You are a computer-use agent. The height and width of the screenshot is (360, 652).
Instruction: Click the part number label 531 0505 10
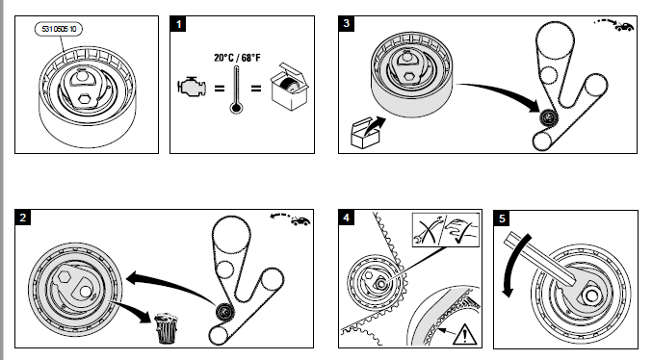click(x=58, y=29)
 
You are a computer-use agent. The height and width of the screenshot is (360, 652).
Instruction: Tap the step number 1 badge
click(x=178, y=24)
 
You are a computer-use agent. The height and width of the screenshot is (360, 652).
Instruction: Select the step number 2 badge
click(x=22, y=218)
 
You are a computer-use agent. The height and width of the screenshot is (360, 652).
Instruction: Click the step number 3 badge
click(x=347, y=24)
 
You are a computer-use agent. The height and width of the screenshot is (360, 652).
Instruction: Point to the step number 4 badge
click(x=347, y=218)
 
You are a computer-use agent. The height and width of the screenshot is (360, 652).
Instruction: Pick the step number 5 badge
click(x=502, y=219)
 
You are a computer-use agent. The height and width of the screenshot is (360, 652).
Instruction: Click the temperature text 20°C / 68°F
click(x=237, y=58)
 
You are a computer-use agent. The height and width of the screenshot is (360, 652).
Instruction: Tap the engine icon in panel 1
click(x=192, y=88)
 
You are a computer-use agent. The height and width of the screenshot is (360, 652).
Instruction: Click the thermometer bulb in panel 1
click(x=236, y=109)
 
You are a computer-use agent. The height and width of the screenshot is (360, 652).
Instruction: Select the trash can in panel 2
click(x=166, y=328)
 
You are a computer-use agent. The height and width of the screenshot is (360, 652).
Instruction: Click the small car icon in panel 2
click(x=300, y=221)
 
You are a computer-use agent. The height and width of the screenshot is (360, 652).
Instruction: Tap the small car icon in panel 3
click(x=624, y=27)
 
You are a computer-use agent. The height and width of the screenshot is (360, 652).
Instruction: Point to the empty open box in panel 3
click(x=366, y=133)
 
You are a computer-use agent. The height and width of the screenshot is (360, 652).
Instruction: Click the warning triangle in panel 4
click(x=464, y=335)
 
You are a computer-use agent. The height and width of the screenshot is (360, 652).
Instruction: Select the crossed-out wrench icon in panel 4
click(x=428, y=230)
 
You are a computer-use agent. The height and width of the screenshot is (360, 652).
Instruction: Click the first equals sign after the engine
click(x=220, y=89)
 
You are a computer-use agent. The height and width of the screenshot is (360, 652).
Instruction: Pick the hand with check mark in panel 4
click(x=461, y=230)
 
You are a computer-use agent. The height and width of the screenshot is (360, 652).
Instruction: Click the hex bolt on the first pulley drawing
click(x=85, y=98)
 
